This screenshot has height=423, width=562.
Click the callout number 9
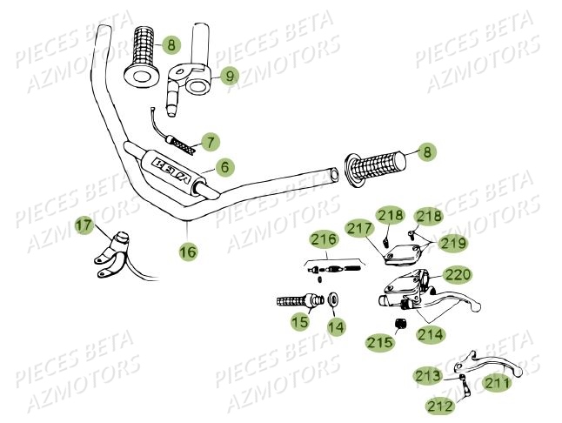click(230, 76)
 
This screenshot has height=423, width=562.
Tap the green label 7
click(208, 140)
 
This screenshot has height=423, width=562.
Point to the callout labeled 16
click(188, 252)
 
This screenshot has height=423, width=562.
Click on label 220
click(458, 275)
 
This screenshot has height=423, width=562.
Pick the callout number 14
click(335, 326)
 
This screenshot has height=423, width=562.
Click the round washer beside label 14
click(336, 301)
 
